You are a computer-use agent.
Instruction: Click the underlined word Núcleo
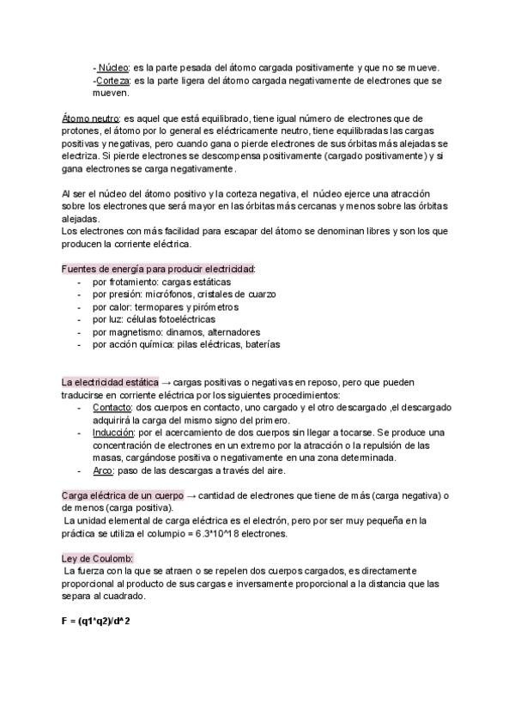(112, 68)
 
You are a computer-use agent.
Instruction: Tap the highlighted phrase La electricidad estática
(110, 382)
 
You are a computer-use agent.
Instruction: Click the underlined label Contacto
(112, 408)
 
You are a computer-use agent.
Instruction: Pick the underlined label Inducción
(113, 434)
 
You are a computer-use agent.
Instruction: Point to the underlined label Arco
(103, 470)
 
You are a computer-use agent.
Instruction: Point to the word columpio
(173, 534)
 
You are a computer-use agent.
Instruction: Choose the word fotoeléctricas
(185, 319)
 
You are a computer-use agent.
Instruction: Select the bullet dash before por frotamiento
(80, 282)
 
